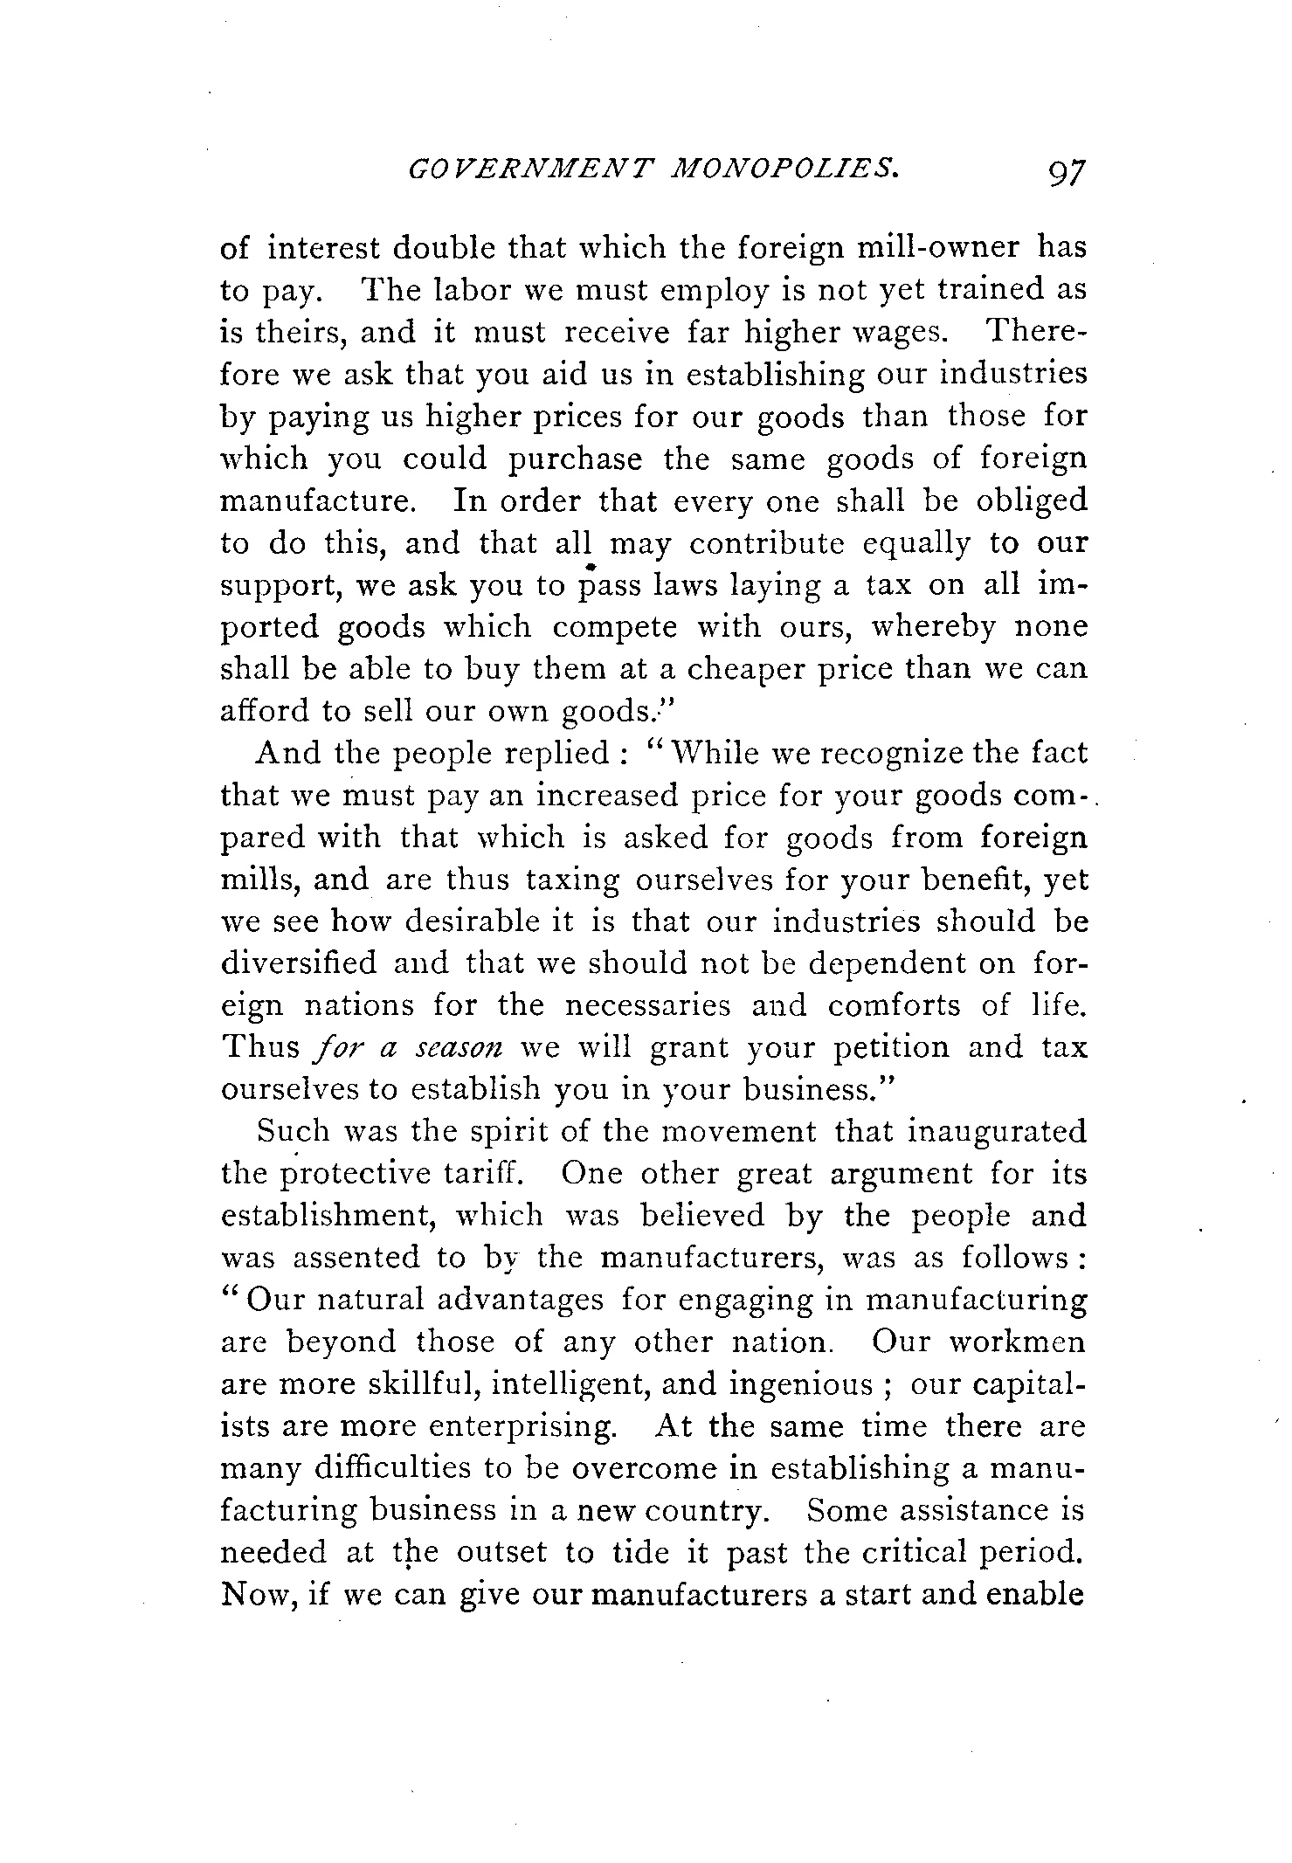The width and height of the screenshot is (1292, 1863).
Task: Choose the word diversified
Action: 299,964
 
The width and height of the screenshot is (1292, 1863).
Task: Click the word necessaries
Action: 647,1006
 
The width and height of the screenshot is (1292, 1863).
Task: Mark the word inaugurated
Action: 998,1133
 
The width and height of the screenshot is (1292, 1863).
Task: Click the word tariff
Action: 486,1174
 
